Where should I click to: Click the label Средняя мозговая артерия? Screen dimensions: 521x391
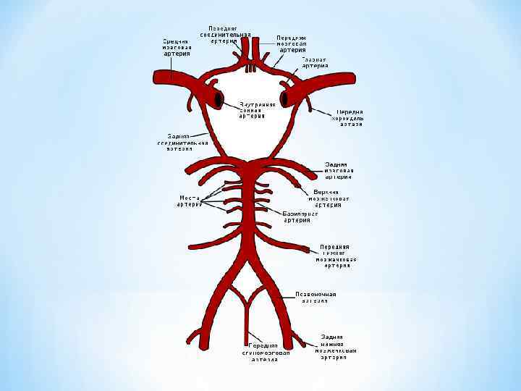[177, 47]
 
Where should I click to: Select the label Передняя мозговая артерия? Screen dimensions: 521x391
[292, 43]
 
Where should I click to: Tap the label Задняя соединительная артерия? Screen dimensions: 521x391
[177, 142]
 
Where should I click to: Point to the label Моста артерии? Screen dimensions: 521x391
[189, 201]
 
